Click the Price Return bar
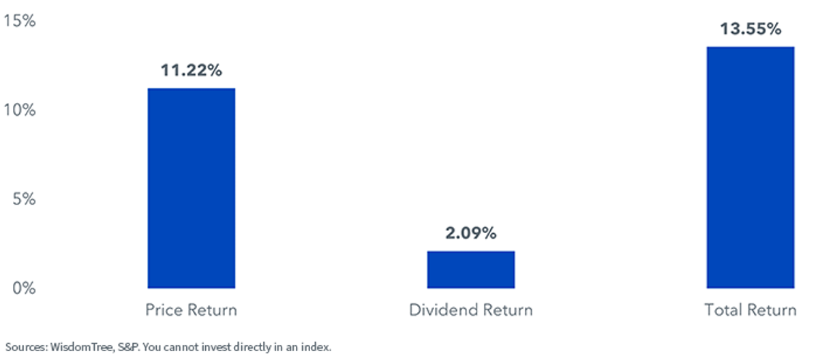[192, 188]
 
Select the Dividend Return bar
[471, 269]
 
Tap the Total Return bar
[751, 167]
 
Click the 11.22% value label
[192, 70]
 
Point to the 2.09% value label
[471, 233]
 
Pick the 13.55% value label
[751, 29]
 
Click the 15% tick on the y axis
[20, 20]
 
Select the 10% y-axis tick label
[20, 110]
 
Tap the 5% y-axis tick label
[24, 199]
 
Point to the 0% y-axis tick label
[24, 288]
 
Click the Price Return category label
[192, 310]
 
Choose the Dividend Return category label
[471, 310]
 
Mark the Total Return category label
[751, 310]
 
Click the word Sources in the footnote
[27, 347]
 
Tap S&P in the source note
[129, 347]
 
